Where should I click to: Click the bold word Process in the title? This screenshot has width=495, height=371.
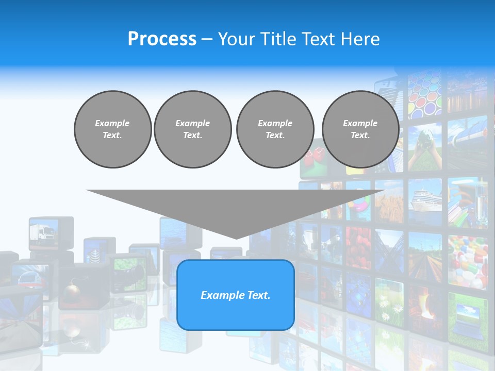tap(162, 39)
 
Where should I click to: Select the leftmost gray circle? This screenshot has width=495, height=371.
tap(112, 129)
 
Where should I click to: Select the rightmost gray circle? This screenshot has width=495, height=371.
tap(360, 129)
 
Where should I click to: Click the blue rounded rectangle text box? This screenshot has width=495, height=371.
tap(236, 295)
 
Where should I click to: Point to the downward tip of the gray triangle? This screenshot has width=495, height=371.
tap(236, 238)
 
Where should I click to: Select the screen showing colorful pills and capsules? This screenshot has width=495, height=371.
tap(467, 260)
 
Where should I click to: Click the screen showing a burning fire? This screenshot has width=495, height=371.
tap(426, 309)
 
